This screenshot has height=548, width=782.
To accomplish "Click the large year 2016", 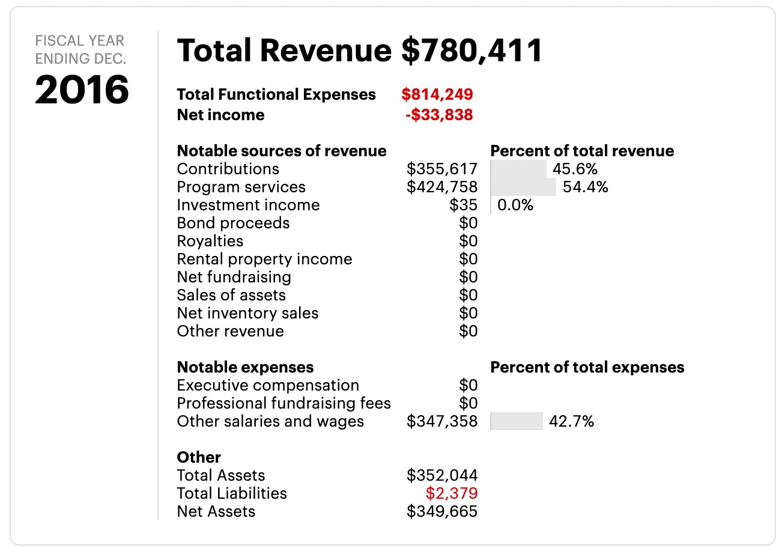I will (82, 90).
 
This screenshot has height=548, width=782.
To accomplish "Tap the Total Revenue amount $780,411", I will (471, 50).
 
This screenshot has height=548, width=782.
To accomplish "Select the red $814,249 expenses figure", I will (437, 94).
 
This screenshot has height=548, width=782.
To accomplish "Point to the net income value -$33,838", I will (439, 115).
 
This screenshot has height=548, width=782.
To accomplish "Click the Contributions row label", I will (228, 169).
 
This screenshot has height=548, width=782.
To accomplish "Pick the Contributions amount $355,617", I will (442, 169).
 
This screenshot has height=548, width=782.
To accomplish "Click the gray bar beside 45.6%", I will (518, 169).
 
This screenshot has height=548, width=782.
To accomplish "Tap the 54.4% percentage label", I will (585, 187).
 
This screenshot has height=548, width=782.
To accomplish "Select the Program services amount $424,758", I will (442, 187).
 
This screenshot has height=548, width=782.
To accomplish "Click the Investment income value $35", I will (463, 205).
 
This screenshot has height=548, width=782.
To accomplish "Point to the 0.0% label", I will (515, 205).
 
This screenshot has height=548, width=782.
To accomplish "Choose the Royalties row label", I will (210, 241).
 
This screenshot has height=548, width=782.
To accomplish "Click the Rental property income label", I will (264, 259).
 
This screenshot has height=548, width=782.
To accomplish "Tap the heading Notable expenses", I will (245, 367).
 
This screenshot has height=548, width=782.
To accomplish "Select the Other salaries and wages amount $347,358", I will (442, 421).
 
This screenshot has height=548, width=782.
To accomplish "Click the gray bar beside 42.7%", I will (517, 421).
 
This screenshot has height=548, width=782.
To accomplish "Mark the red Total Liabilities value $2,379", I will (452, 493).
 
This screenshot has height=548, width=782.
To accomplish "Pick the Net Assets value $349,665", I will (442, 511).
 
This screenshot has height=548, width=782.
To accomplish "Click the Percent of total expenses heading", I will (587, 367).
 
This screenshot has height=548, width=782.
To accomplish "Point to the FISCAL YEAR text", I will (80, 41).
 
